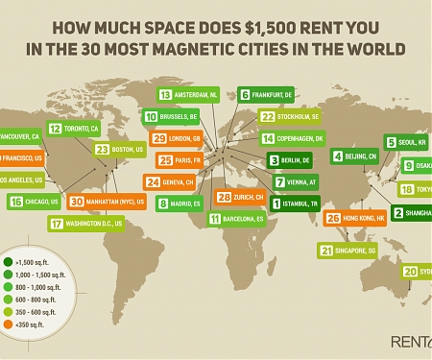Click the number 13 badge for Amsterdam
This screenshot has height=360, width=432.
click(165, 95)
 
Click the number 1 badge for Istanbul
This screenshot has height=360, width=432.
click(276, 204)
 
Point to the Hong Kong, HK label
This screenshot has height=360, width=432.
click(365, 219)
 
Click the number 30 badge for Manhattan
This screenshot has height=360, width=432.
click(77, 203)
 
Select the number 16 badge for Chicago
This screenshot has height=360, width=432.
click(15, 202)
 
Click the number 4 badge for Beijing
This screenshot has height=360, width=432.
click(337, 156)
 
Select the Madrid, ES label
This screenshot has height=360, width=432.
click(189, 204)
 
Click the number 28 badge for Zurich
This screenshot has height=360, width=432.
click(223, 198)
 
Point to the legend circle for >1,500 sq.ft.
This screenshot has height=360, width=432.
click(8, 261)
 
